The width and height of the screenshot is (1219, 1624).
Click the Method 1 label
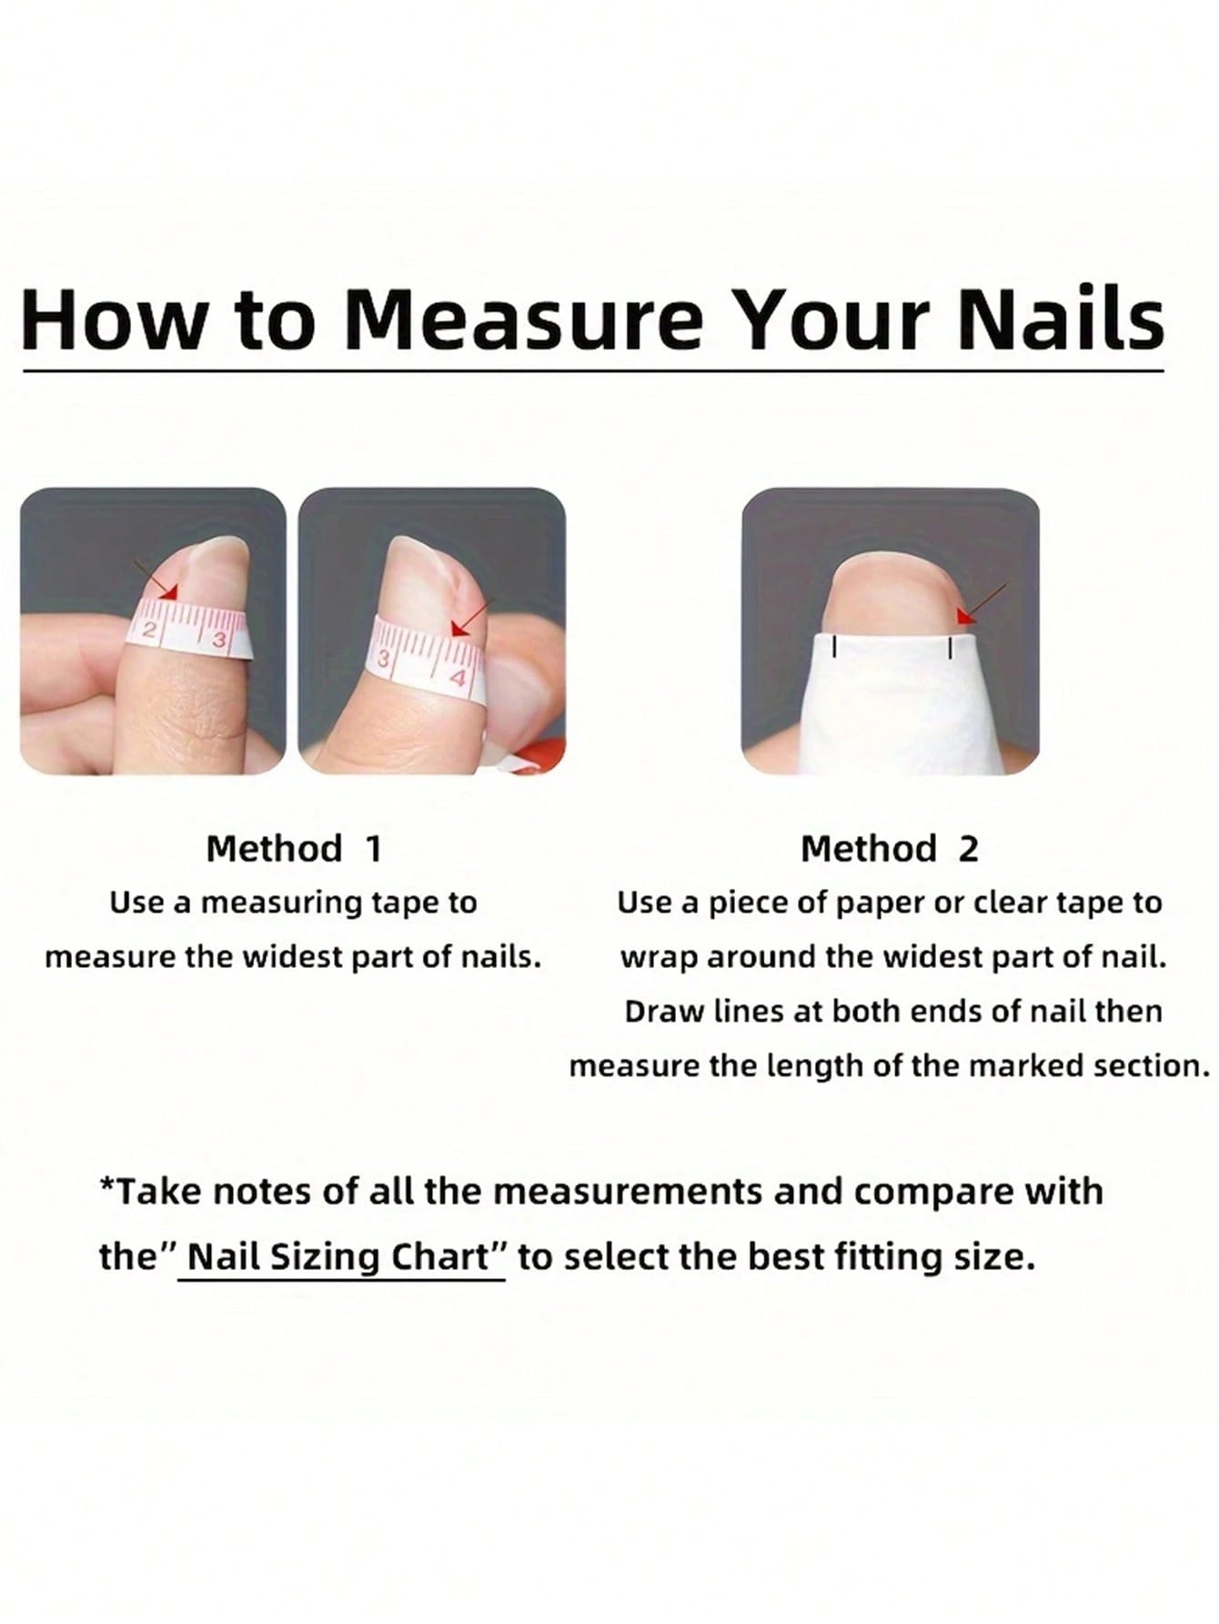pyautogui.click(x=294, y=848)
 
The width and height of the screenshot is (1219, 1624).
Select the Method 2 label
pyautogui.click(x=889, y=848)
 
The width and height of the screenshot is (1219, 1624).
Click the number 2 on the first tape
pyautogui.click(x=153, y=632)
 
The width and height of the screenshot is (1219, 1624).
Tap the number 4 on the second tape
pyautogui.click(x=458, y=678)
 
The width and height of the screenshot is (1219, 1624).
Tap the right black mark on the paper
pyautogui.click(x=950, y=648)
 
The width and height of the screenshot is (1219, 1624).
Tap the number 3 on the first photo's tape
pyautogui.click(x=218, y=639)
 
